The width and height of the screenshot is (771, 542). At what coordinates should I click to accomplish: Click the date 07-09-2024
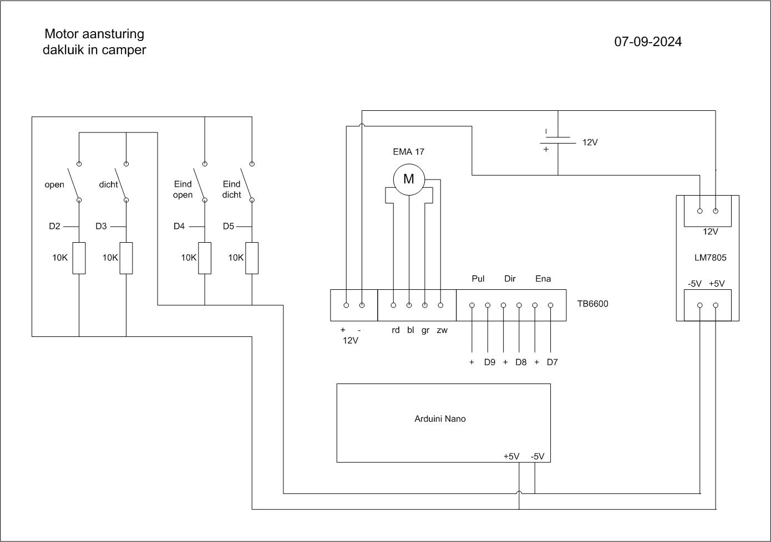click(648, 42)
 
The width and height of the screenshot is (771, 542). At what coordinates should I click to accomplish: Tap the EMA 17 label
click(409, 152)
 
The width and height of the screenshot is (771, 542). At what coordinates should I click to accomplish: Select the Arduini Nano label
click(440, 418)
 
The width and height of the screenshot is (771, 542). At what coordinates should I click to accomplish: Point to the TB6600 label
click(593, 304)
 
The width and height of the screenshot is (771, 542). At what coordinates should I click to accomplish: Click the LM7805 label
click(711, 258)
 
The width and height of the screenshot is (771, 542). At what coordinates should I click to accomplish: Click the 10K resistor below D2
click(79, 258)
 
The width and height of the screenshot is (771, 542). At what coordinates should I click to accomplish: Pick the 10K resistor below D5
click(252, 258)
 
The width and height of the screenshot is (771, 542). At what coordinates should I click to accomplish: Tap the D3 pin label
click(101, 226)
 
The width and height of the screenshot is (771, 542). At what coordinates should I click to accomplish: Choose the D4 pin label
click(179, 226)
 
